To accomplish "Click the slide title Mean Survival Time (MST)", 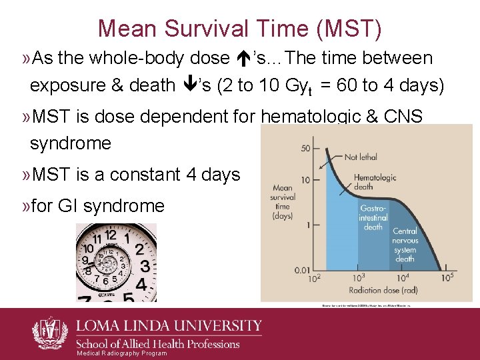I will [240, 28].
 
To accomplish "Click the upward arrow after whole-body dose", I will [243, 59].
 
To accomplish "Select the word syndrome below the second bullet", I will [71, 143].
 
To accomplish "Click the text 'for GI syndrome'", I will [98, 206].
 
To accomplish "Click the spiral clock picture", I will [116, 262].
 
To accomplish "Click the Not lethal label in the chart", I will [360, 157].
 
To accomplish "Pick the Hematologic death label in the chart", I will [375, 182].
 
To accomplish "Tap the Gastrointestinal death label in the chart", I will [373, 218].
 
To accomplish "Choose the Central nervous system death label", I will [405, 245].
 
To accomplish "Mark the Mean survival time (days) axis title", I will [283, 201].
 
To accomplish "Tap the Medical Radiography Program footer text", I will [122, 353].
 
